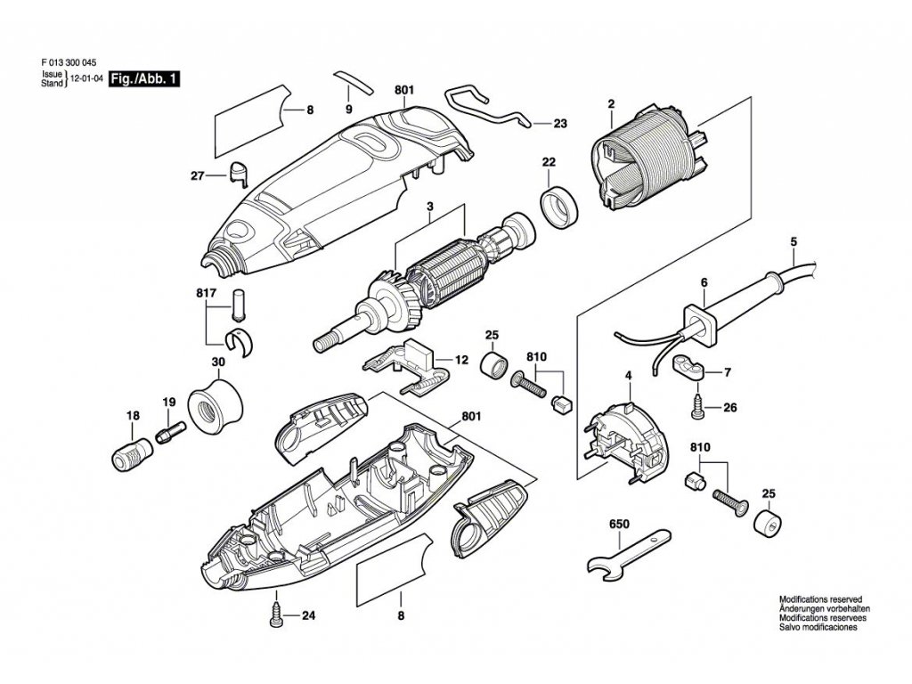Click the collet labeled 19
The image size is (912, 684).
167,434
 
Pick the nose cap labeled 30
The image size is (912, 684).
217,406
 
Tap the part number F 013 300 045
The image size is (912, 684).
69,62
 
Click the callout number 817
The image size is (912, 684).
207,292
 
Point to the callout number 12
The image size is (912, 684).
460,361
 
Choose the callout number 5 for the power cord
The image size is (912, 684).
793,241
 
